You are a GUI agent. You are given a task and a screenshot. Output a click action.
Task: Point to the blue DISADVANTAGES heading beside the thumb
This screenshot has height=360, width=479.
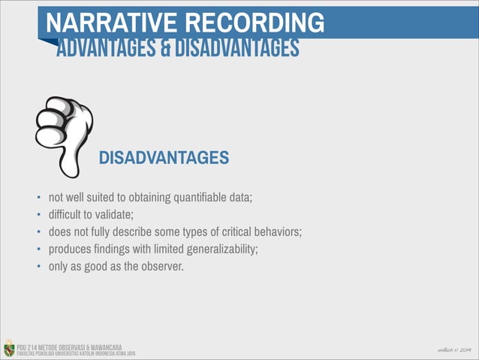[x=164, y=158]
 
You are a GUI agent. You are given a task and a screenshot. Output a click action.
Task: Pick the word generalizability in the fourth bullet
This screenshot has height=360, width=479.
[x=219, y=248]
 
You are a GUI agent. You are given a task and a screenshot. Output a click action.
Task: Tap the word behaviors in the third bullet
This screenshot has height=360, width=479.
[x=278, y=231]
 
